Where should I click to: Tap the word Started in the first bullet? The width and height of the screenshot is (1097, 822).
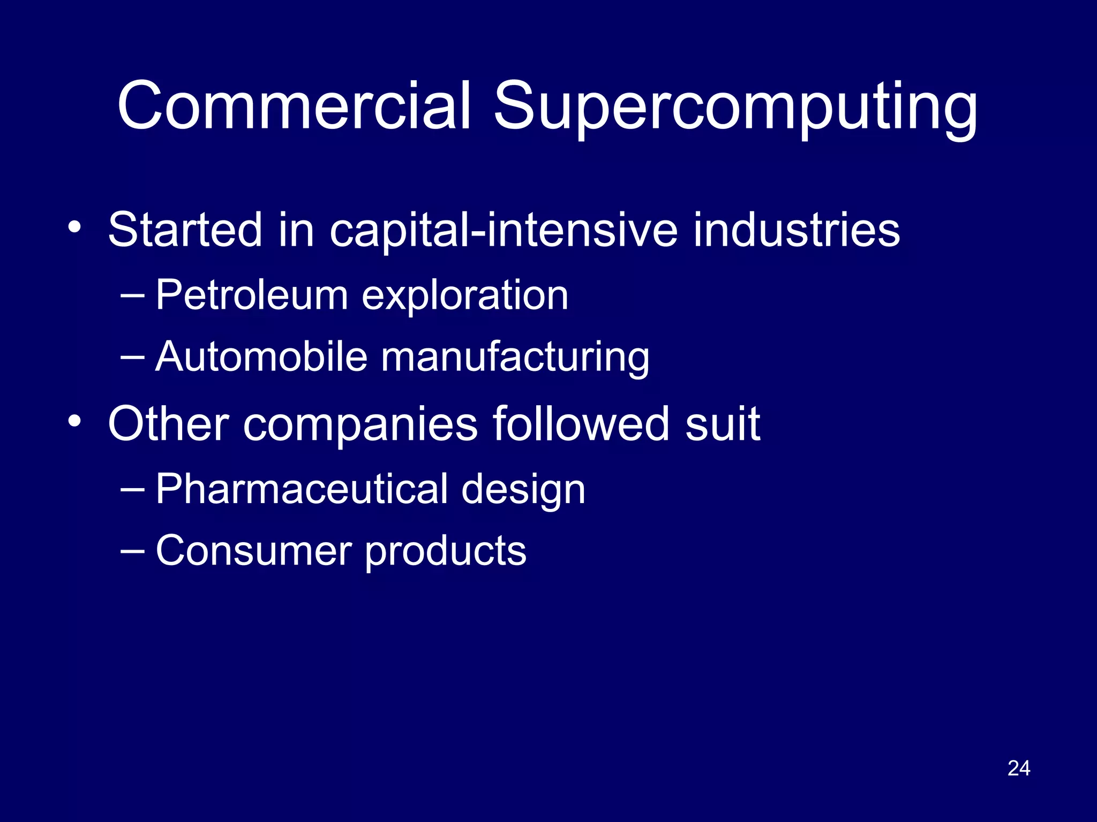pyautogui.click(x=185, y=230)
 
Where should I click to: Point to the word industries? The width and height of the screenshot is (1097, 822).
pyautogui.click(x=797, y=230)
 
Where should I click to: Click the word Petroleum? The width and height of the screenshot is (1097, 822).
pyautogui.click(x=252, y=295)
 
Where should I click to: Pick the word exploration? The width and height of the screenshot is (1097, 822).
pyautogui.click(x=465, y=296)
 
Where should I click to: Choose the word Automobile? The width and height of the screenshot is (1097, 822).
pyautogui.click(x=261, y=356)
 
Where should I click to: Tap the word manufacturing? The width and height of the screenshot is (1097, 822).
pyautogui.click(x=515, y=359)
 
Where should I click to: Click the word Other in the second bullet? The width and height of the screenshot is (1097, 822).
pyautogui.click(x=169, y=424)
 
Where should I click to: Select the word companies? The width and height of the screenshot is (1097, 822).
pyautogui.click(x=360, y=426)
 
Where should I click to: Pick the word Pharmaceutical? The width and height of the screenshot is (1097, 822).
pyautogui.click(x=302, y=489)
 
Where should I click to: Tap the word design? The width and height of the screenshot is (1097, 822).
pyautogui.click(x=523, y=491)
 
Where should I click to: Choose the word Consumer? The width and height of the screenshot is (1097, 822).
pyautogui.click(x=254, y=551)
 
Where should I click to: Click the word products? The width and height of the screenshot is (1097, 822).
pyautogui.click(x=446, y=553)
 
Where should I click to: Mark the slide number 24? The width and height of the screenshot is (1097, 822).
pyautogui.click(x=1019, y=768)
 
